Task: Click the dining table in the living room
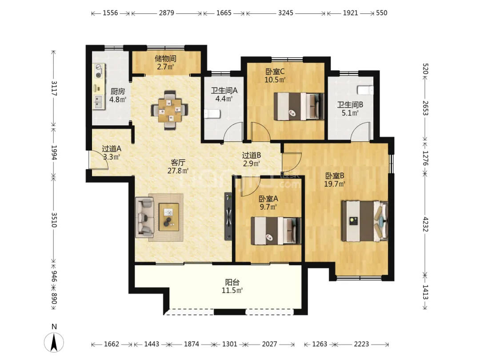pyautogui.click(x=169, y=110)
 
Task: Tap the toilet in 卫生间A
pyautogui.click(x=212, y=114)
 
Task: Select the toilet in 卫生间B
pyautogui.click(x=365, y=90)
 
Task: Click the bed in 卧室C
pyautogui.click(x=299, y=106)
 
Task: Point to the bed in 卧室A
pyautogui.click(x=276, y=231)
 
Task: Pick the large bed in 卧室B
pyautogui.click(x=364, y=221)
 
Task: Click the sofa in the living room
pyautogui.click(x=144, y=217)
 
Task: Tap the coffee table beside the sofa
pyautogui.click(x=169, y=217)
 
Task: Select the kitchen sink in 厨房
pyautogui.click(x=99, y=102)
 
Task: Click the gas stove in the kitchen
pyautogui.click(x=99, y=71)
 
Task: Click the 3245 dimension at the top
pyautogui.click(x=286, y=13)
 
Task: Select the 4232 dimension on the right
pyautogui.click(x=425, y=224)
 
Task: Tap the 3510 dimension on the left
pyautogui.click(x=54, y=220)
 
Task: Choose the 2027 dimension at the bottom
pyautogui.click(x=269, y=344)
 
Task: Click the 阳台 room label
pyautogui.click(x=232, y=282)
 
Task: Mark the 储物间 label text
pyautogui.click(x=165, y=58)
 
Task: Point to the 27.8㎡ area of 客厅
pyautogui.click(x=178, y=171)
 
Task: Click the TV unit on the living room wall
pyautogui.click(x=228, y=216)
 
